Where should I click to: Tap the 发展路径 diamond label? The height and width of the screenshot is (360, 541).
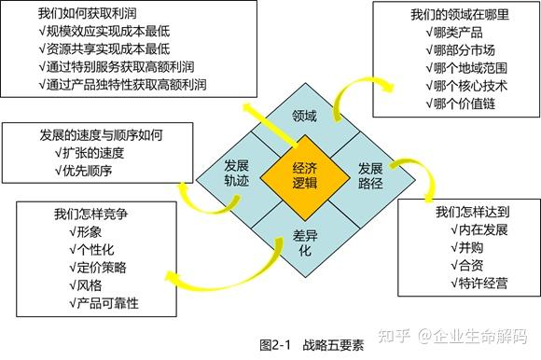(371, 174)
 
